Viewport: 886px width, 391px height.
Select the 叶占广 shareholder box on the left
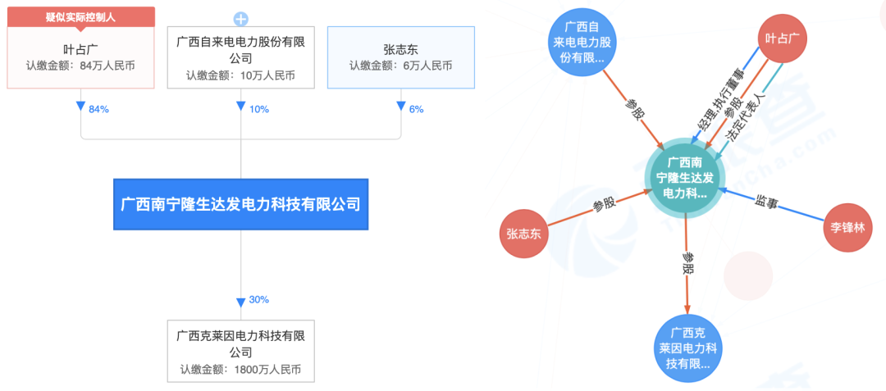point(80,57)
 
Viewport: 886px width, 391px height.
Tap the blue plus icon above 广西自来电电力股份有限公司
point(240,19)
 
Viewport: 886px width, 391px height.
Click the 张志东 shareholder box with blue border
point(400,57)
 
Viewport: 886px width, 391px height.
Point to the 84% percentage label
point(98,109)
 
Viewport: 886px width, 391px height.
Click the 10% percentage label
point(258,109)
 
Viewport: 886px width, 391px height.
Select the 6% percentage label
point(415,109)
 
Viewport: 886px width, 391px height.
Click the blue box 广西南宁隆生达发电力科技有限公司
point(240,204)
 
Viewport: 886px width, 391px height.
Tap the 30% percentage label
point(258,300)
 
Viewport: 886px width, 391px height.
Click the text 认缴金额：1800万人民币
point(240,370)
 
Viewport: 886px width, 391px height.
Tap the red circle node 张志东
point(523,234)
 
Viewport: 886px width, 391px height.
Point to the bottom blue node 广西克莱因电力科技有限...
point(687,348)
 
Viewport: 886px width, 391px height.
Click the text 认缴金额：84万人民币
point(80,66)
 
